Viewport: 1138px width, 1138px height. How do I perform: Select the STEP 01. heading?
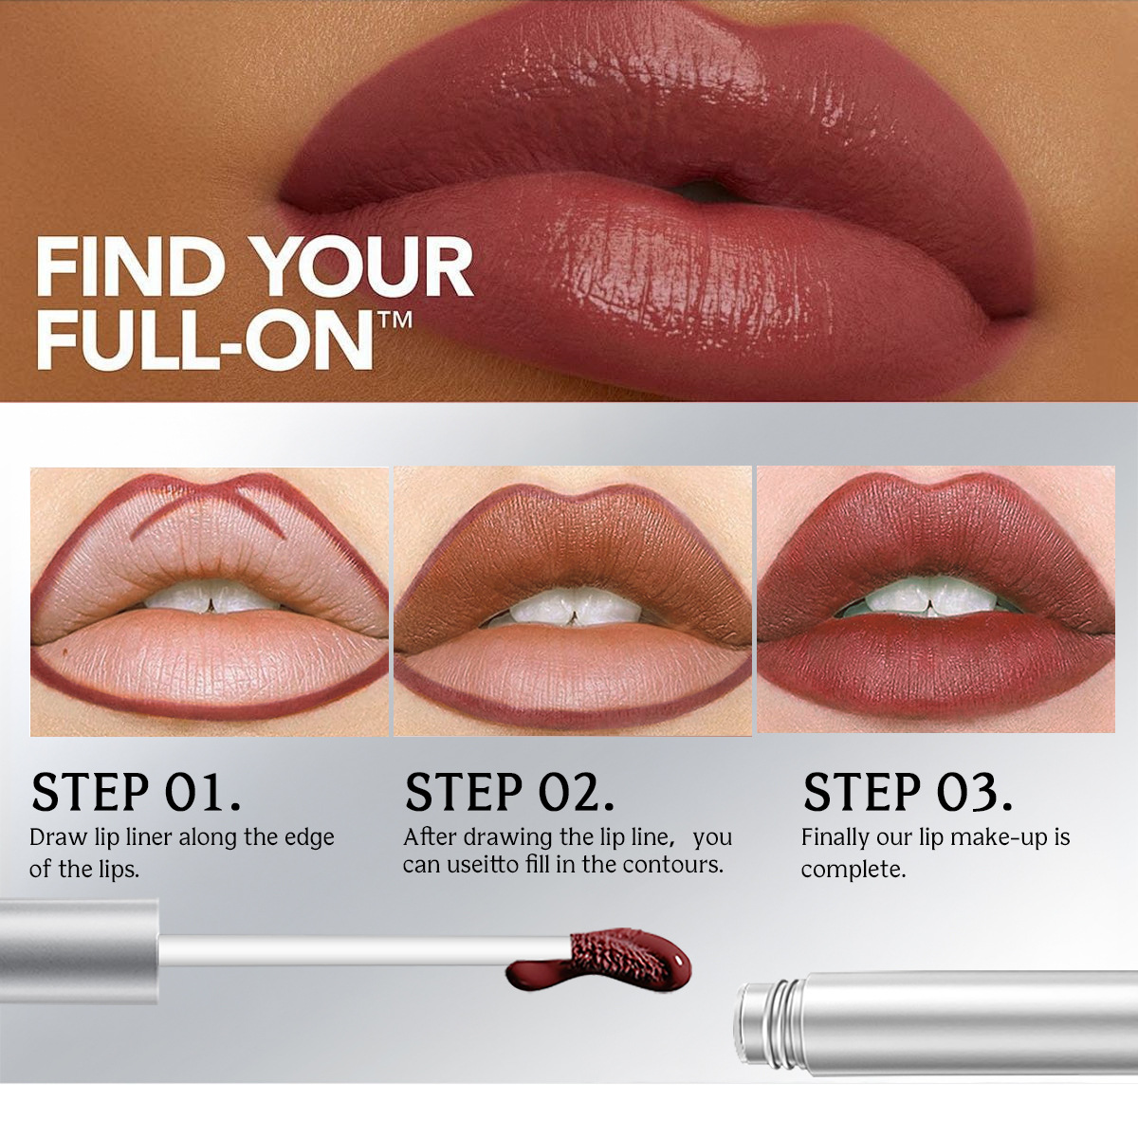[x=136, y=793]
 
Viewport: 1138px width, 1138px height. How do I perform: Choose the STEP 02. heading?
[x=509, y=793]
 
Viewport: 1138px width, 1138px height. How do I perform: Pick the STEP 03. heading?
[x=908, y=793]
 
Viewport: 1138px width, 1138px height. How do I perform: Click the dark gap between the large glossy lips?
[x=707, y=190]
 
